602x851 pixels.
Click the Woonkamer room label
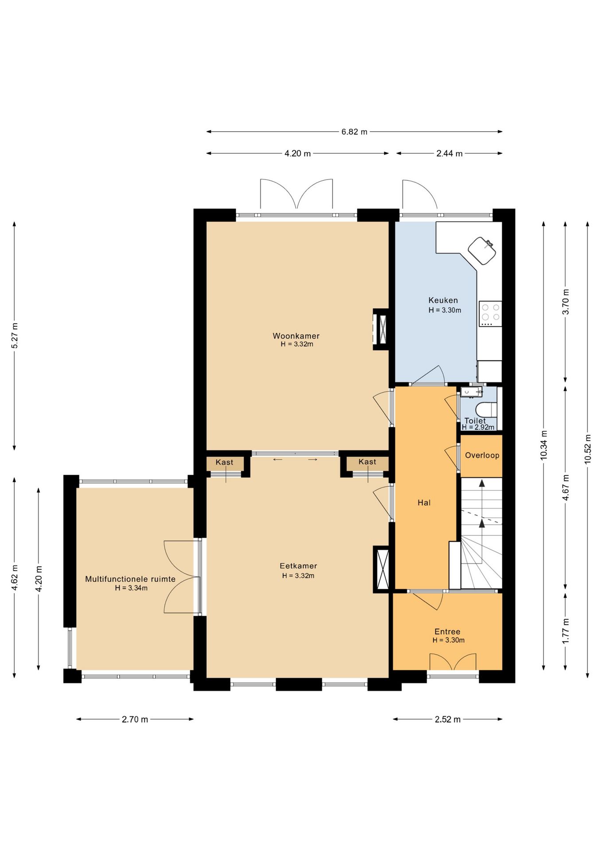point(296,336)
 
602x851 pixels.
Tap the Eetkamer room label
point(298,566)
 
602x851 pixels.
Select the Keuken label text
point(443,301)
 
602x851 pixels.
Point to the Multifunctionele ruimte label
point(130,579)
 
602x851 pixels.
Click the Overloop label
point(482,455)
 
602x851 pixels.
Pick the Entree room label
point(447,632)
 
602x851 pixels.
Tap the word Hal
point(424,503)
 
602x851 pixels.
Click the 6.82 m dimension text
point(354,132)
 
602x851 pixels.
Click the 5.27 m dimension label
point(15,336)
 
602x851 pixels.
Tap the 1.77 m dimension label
point(566,631)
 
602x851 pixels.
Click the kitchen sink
point(482,250)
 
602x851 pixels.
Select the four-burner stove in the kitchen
point(490,314)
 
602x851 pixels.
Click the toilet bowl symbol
point(486,408)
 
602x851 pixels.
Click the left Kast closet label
point(224,462)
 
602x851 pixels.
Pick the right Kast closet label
point(367,462)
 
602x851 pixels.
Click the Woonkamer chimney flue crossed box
point(381,329)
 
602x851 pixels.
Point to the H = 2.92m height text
point(478,427)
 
